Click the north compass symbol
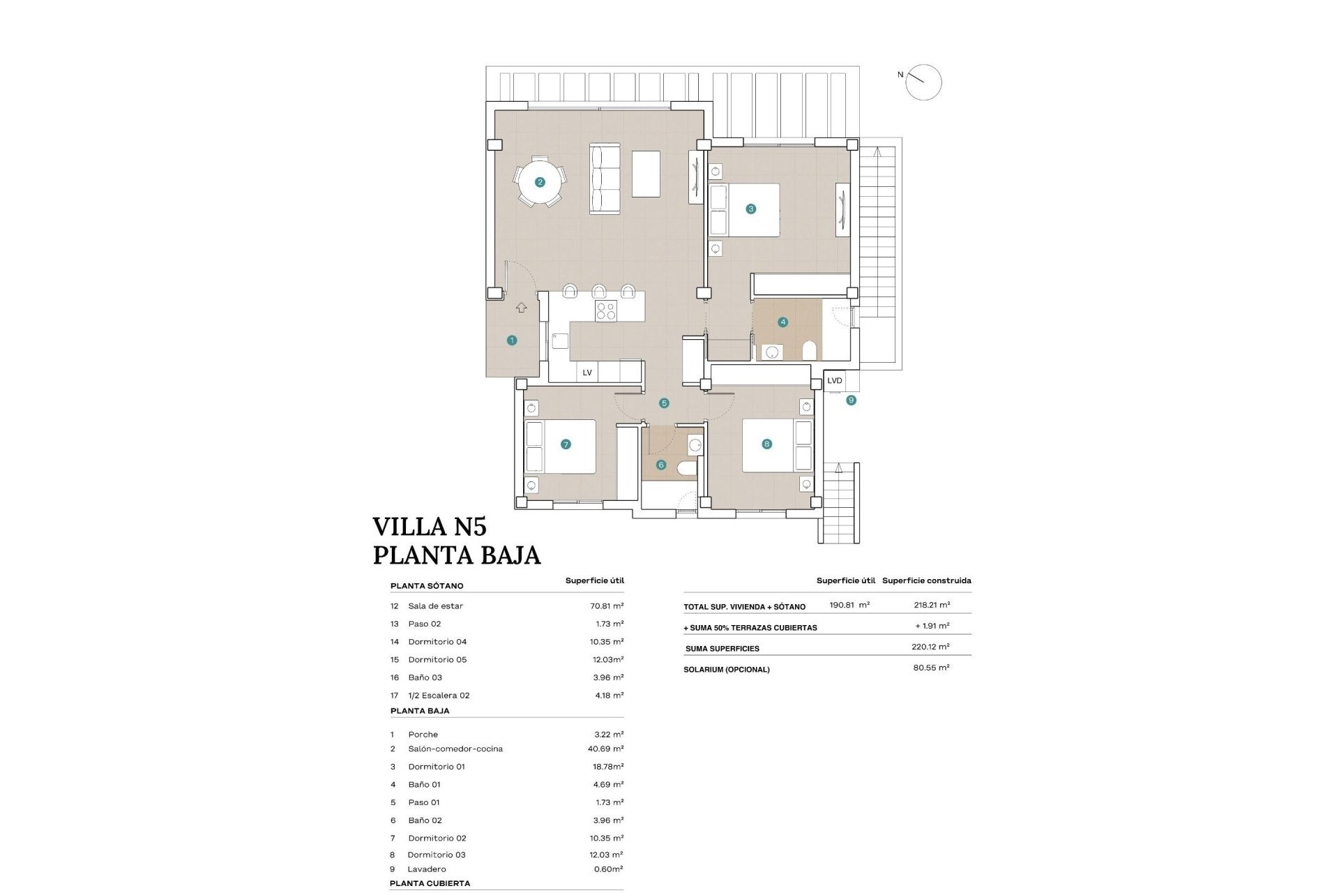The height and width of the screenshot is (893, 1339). coord(923,82)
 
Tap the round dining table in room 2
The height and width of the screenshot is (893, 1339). coord(540,182)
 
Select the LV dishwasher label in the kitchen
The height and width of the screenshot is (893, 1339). coord(587,373)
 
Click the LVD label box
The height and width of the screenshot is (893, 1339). coord(835,381)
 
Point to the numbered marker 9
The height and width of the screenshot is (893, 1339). coord(851,400)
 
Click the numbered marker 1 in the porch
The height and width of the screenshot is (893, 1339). coord(512,340)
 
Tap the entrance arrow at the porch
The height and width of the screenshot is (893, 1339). coord(521,307)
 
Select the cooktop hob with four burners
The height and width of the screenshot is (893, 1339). coord(605,310)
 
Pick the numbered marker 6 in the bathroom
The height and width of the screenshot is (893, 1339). coord(661,465)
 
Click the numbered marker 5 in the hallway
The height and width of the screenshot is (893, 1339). coord(664,403)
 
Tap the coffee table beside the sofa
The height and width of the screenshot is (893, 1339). coord(646,174)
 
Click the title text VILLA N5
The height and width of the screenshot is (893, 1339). coord(429,526)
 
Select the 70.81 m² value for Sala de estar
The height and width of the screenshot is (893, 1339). coord(606,606)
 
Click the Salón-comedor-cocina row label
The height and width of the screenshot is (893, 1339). coord(455,749)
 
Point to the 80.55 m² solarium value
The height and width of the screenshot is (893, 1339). coord(931,668)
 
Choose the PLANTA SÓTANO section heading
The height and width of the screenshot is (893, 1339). coord(427,586)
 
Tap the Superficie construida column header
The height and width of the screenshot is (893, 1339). coord(926,580)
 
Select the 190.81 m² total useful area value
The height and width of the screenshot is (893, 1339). coord(849,605)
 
